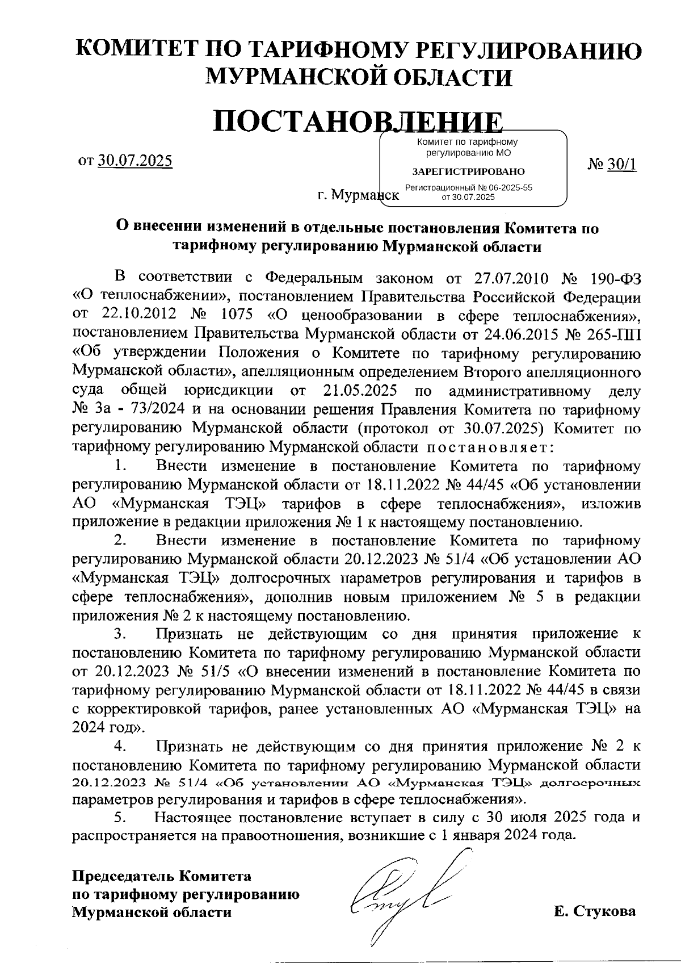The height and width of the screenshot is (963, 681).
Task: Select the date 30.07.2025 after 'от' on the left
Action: pyautogui.click(x=134, y=161)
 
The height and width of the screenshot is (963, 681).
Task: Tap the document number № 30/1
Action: pyautogui.click(x=620, y=164)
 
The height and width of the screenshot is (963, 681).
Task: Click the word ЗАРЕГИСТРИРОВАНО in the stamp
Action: pyautogui.click(x=468, y=171)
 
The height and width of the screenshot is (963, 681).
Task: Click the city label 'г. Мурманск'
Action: pyautogui.click(x=358, y=196)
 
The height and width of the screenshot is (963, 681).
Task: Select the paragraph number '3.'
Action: pyautogui.click(x=120, y=634)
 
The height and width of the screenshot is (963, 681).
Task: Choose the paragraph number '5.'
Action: pyautogui.click(x=120, y=818)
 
